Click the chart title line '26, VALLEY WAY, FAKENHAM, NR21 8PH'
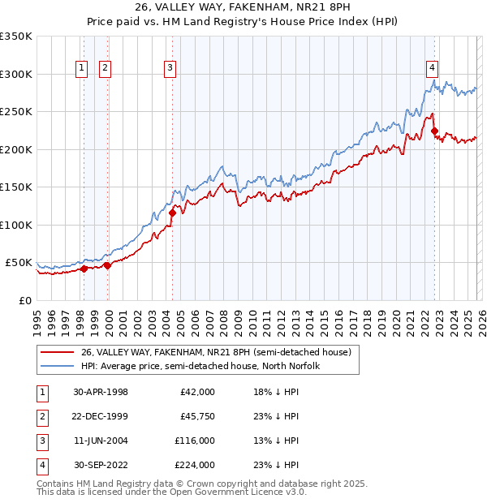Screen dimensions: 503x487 243,8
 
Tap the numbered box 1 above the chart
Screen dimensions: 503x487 83,68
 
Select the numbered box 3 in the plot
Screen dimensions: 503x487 170,68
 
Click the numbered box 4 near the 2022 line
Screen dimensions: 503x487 433,68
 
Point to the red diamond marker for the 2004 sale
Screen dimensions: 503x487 172,213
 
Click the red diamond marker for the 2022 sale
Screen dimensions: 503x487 434,131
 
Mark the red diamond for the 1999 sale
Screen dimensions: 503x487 107,266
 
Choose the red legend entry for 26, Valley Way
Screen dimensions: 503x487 215,352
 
